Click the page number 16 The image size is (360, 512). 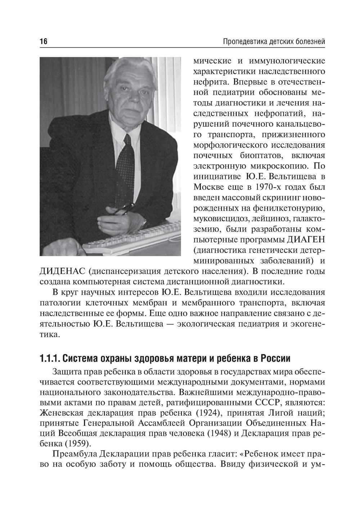point(43,42)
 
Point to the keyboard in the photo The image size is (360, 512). point(137,238)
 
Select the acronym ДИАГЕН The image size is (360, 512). point(306,239)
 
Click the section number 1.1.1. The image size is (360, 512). point(50,359)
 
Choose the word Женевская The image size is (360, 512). point(60,412)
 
